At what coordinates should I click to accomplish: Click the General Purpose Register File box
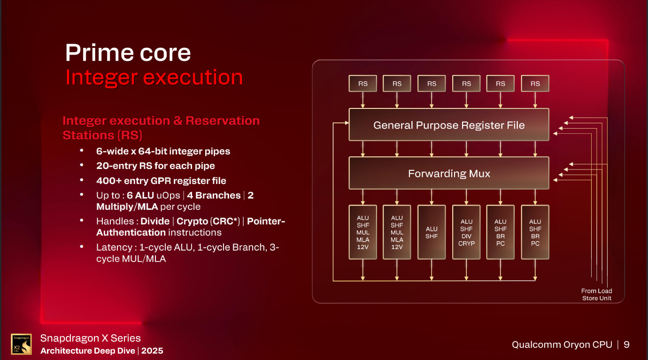point(448,125)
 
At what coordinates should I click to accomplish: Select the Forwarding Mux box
point(448,173)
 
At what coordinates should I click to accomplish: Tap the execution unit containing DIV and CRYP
point(466,232)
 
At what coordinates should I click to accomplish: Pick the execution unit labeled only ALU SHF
point(432,232)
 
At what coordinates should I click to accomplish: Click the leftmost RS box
point(363,84)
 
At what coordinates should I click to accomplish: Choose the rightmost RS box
point(535,84)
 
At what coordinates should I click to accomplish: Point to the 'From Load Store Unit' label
point(596,294)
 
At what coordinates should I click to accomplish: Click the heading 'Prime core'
point(128,52)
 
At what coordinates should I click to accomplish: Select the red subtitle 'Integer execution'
point(154,77)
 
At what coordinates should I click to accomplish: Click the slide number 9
point(626,345)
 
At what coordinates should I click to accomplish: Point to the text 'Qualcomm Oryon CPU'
point(562,345)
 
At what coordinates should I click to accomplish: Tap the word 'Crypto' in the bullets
point(192,221)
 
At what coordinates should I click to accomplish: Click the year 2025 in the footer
point(152,351)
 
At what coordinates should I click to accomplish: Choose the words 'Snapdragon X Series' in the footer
point(90,338)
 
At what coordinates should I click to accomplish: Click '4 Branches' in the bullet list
point(214,195)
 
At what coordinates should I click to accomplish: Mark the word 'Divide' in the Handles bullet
point(155,221)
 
